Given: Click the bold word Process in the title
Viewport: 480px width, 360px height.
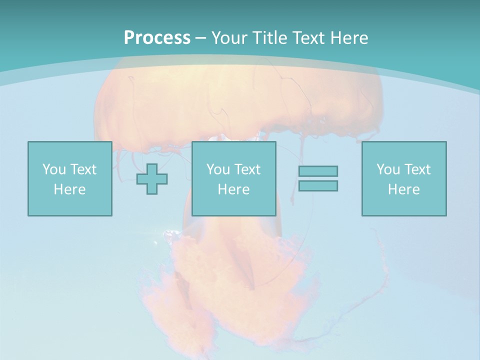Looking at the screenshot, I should (x=157, y=38).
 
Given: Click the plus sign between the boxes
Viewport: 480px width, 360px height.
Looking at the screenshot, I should (x=152, y=178).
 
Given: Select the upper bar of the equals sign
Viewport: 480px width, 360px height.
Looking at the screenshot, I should (x=318, y=171).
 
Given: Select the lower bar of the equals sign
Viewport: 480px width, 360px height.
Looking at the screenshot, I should (x=318, y=185).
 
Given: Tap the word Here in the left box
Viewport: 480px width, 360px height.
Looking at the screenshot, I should (x=69, y=189).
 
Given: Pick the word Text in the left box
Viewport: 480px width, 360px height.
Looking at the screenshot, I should (x=83, y=169).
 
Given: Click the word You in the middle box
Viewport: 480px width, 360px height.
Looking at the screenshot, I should (x=218, y=169).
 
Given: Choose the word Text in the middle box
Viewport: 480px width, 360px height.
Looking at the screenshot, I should (x=247, y=169).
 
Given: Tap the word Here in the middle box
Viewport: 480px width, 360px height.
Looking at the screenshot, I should (x=233, y=189).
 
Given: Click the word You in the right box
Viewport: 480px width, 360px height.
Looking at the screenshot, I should (x=388, y=169).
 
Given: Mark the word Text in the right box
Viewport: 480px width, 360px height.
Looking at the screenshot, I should (x=417, y=169).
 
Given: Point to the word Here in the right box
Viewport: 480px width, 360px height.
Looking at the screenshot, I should (x=403, y=189).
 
